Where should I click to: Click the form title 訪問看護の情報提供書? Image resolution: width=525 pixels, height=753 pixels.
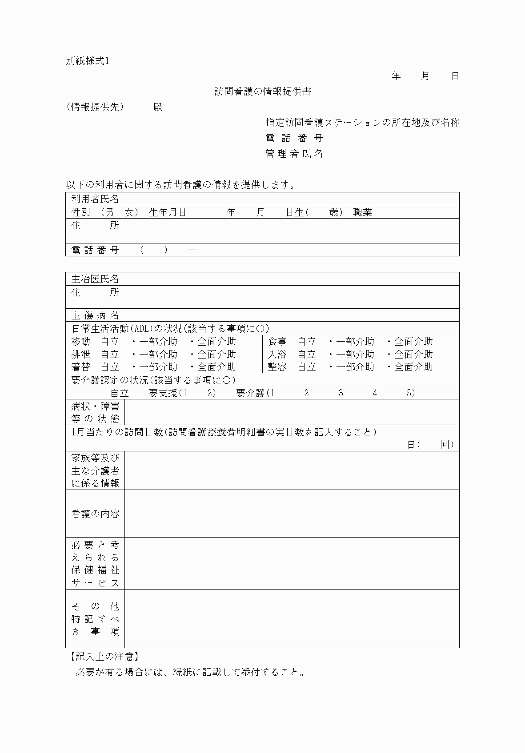click(x=263, y=92)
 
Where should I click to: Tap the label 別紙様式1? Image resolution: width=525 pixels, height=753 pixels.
click(x=88, y=61)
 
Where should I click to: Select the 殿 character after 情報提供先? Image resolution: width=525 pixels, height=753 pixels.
click(x=158, y=107)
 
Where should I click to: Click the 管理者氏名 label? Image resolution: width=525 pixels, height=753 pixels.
click(x=294, y=154)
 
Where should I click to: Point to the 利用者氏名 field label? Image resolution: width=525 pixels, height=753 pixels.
click(x=95, y=199)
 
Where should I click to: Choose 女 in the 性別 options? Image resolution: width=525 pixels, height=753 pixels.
click(x=129, y=212)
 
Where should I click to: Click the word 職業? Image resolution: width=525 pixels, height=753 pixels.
click(x=363, y=212)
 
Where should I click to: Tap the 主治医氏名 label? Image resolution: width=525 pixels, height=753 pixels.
click(x=95, y=279)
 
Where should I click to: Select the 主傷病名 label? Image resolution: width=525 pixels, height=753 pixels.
click(x=95, y=315)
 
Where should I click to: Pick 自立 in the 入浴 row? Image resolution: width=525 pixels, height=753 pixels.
click(x=307, y=355)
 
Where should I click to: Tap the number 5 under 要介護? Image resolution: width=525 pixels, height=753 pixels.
click(x=409, y=393)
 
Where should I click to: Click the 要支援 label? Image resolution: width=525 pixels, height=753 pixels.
click(x=163, y=393)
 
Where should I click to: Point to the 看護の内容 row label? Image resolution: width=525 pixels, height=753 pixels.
click(x=95, y=514)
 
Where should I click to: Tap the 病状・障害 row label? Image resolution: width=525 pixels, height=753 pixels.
click(x=95, y=406)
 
